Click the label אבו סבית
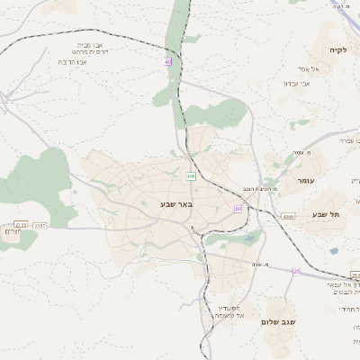tap(94, 44)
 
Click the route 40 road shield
tap(167, 61)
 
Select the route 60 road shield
tap(238, 209)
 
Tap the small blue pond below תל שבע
tap(333, 251)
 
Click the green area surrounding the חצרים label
tap(40, 184)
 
